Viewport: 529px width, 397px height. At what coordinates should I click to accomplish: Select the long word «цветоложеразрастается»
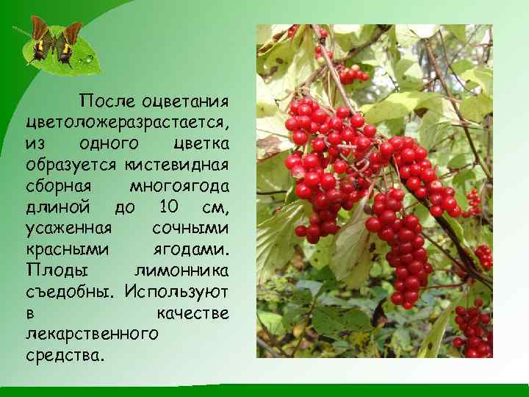127,120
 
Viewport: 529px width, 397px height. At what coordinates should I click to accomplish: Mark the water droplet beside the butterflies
90,57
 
